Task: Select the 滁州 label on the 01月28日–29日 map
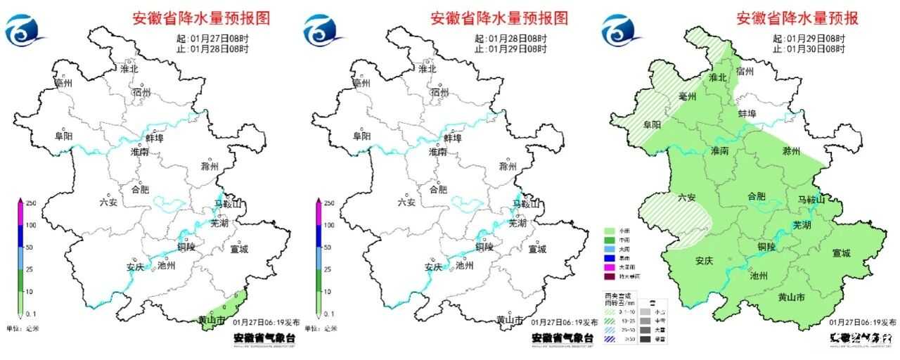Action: (508, 167)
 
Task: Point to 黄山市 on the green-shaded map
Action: (792, 297)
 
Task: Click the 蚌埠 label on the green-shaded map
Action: (747, 113)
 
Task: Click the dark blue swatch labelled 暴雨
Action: (610, 258)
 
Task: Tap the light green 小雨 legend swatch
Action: (610, 231)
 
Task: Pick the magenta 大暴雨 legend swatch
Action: (610, 267)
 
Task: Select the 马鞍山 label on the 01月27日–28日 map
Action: (229, 205)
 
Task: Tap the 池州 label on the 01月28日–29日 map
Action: (464, 266)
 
